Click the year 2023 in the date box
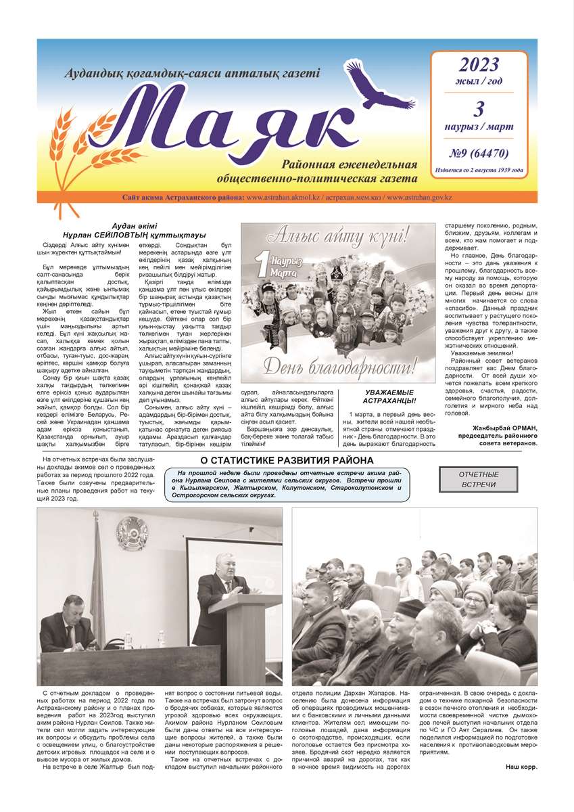pos(479,65)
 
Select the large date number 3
pos(479,108)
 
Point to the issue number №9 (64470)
pos(479,153)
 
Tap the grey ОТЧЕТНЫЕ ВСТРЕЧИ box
pos(479,479)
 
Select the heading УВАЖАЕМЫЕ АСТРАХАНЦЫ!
pos(391,397)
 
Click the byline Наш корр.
pos(522,766)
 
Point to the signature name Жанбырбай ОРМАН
pos(508,436)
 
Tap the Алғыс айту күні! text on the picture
pos(337,237)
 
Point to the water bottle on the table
pos(127,639)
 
